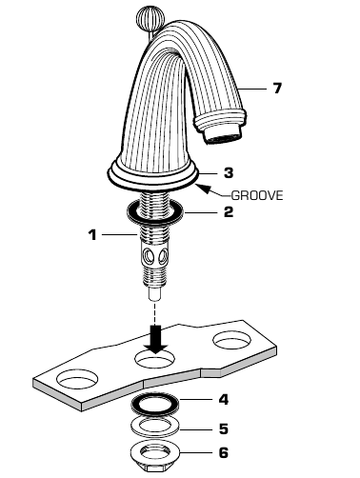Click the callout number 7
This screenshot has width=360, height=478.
coord(277,89)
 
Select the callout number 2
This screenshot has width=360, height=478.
coord(229,212)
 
